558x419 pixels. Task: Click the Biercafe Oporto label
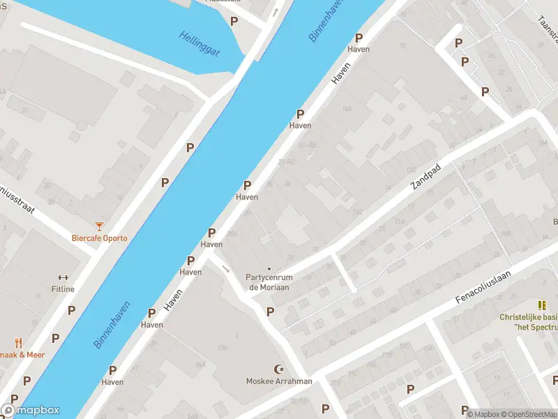[100, 237]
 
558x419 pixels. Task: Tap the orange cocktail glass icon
[100, 225]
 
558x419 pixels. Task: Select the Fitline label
[63, 289]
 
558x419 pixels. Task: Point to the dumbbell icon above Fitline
[63, 277]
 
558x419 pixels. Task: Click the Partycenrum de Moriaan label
[269, 282]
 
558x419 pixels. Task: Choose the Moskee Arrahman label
[279, 381]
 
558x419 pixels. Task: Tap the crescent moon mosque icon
[280, 369]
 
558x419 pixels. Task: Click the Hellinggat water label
[199, 44]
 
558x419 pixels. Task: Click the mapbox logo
[31, 411]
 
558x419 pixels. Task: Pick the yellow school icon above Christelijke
[541, 305]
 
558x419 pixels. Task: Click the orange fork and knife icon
[19, 343]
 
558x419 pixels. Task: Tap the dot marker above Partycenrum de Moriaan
[269, 268]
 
